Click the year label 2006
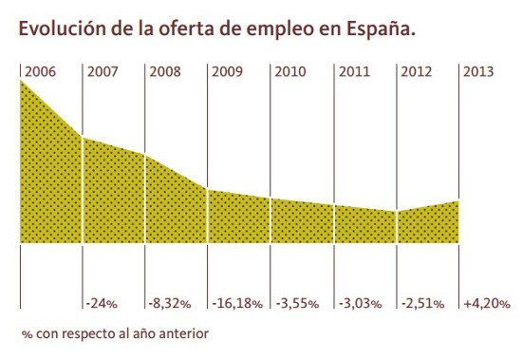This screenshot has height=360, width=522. coord(39,71)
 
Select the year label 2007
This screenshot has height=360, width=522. coord(103,71)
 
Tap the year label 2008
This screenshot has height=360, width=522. coord(165,71)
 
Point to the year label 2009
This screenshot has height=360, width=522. coord(228,71)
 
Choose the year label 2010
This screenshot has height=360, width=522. coord(290,71)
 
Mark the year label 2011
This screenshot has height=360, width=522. coord(353,71)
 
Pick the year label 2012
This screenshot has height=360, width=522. coord(417,71)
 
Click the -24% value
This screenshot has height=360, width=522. coord(101,304)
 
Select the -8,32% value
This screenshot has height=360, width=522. coord(171,304)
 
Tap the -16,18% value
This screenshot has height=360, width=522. coord(237,304)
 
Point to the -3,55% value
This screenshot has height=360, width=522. coord(297,304)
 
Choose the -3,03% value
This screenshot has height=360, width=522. coord(360,304)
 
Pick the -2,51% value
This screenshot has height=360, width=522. coord(422,304)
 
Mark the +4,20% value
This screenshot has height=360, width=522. coord(487,304)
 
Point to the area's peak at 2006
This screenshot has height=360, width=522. coord(21,82)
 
